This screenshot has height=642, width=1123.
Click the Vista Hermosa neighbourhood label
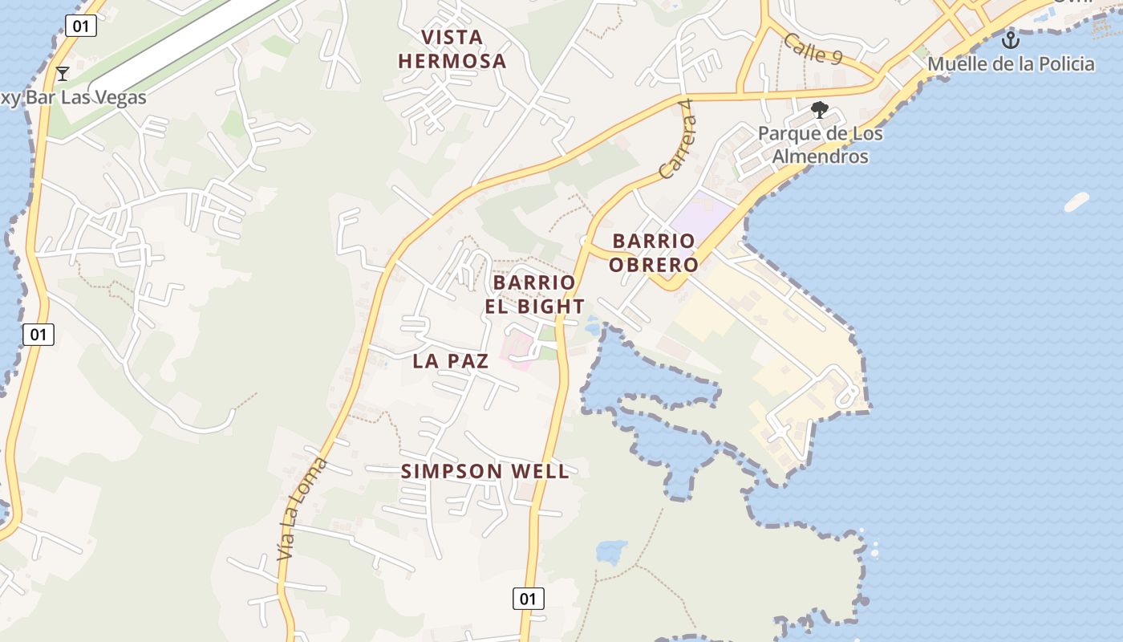coord(452,49)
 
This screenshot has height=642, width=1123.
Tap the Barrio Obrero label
coord(653,252)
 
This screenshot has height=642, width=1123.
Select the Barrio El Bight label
coord(534,295)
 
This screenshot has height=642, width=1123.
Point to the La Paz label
coord(451,361)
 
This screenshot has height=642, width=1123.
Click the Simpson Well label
coord(485,471)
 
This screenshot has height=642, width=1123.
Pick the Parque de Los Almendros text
coord(821,144)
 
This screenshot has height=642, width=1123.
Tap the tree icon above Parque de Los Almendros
coord(819,110)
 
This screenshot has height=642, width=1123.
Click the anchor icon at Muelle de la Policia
coord(1011,39)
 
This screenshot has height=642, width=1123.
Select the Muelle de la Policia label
coord(1011,63)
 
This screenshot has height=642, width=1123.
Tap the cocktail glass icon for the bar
coord(63,74)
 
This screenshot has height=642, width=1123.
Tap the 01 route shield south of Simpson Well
coord(528,598)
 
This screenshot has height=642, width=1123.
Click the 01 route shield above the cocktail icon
coord(80,26)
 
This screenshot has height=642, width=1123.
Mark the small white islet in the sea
coord(1076,202)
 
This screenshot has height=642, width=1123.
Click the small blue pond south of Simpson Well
coord(611,551)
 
